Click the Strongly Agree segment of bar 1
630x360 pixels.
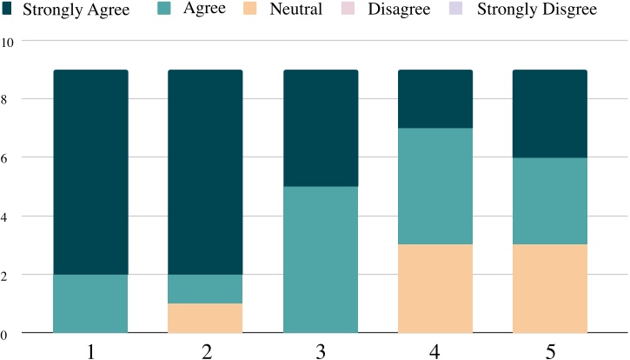coord(91,172)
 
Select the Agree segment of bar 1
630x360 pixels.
coord(91,303)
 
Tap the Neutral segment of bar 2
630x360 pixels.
coord(205,318)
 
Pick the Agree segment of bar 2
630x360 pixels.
coord(205,289)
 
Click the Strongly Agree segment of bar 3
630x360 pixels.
coord(321,128)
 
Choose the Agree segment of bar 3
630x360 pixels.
coord(321,259)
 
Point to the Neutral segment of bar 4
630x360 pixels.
coord(435,289)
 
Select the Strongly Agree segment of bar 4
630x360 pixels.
coord(435,99)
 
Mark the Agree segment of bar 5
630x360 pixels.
coord(550,201)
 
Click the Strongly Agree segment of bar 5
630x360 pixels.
coord(550,114)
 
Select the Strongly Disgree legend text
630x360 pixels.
coord(537,10)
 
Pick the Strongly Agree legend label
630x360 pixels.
coord(76,10)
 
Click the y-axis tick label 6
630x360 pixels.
coord(4,157)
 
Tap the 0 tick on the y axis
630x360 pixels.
coord(4,333)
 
